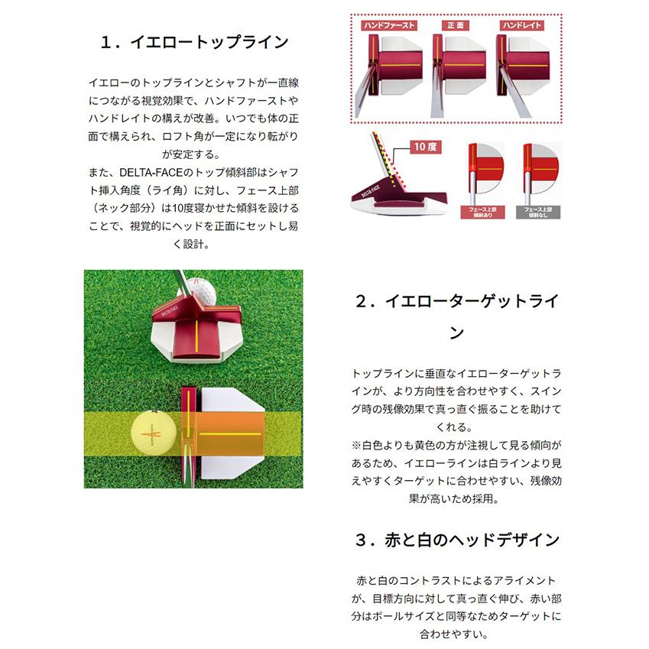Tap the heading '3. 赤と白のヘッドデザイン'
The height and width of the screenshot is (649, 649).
click(456, 540)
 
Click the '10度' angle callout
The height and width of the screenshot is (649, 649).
click(424, 146)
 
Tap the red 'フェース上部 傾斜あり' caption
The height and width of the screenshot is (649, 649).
click(482, 212)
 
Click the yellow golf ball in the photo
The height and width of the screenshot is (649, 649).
click(153, 433)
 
